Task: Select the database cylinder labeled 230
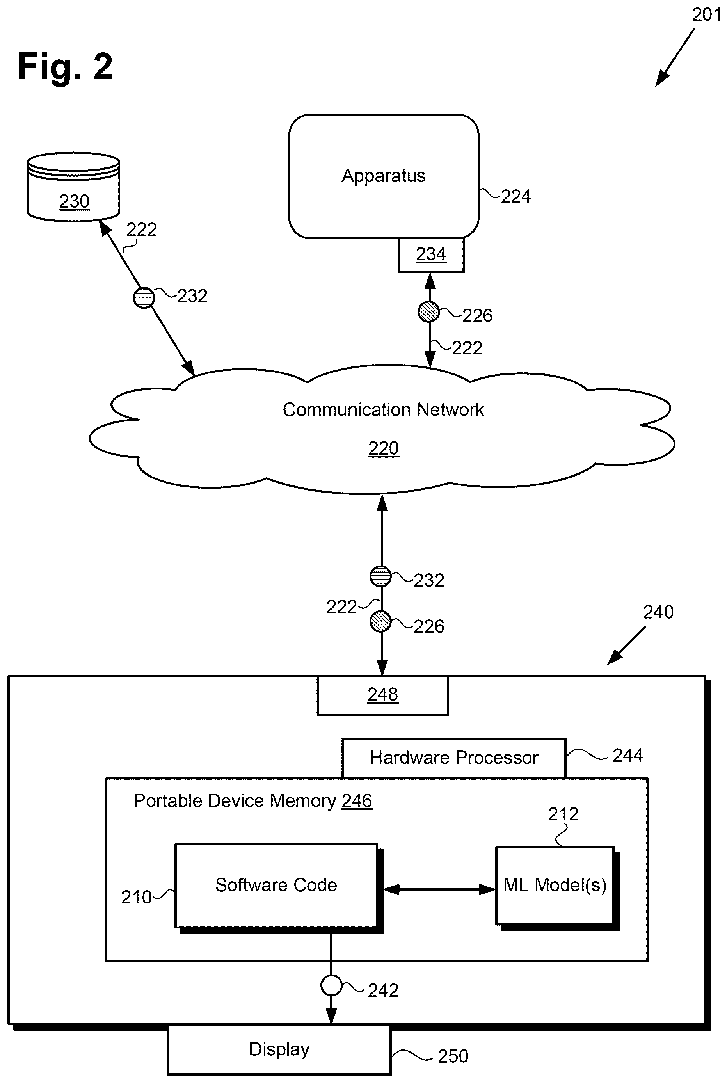click(x=74, y=187)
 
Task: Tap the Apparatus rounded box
click(x=384, y=176)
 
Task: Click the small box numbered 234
click(x=431, y=254)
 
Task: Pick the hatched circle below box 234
click(x=428, y=311)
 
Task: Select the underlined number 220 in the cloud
click(x=384, y=448)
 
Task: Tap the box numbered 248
click(x=382, y=695)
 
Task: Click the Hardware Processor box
click(x=454, y=758)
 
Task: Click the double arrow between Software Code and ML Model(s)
click(x=439, y=889)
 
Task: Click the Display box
click(x=279, y=1049)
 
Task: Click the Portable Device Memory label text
click(x=253, y=801)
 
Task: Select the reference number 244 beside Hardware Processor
click(x=627, y=756)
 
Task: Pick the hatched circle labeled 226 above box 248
click(x=380, y=622)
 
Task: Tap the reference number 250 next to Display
click(x=453, y=1056)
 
